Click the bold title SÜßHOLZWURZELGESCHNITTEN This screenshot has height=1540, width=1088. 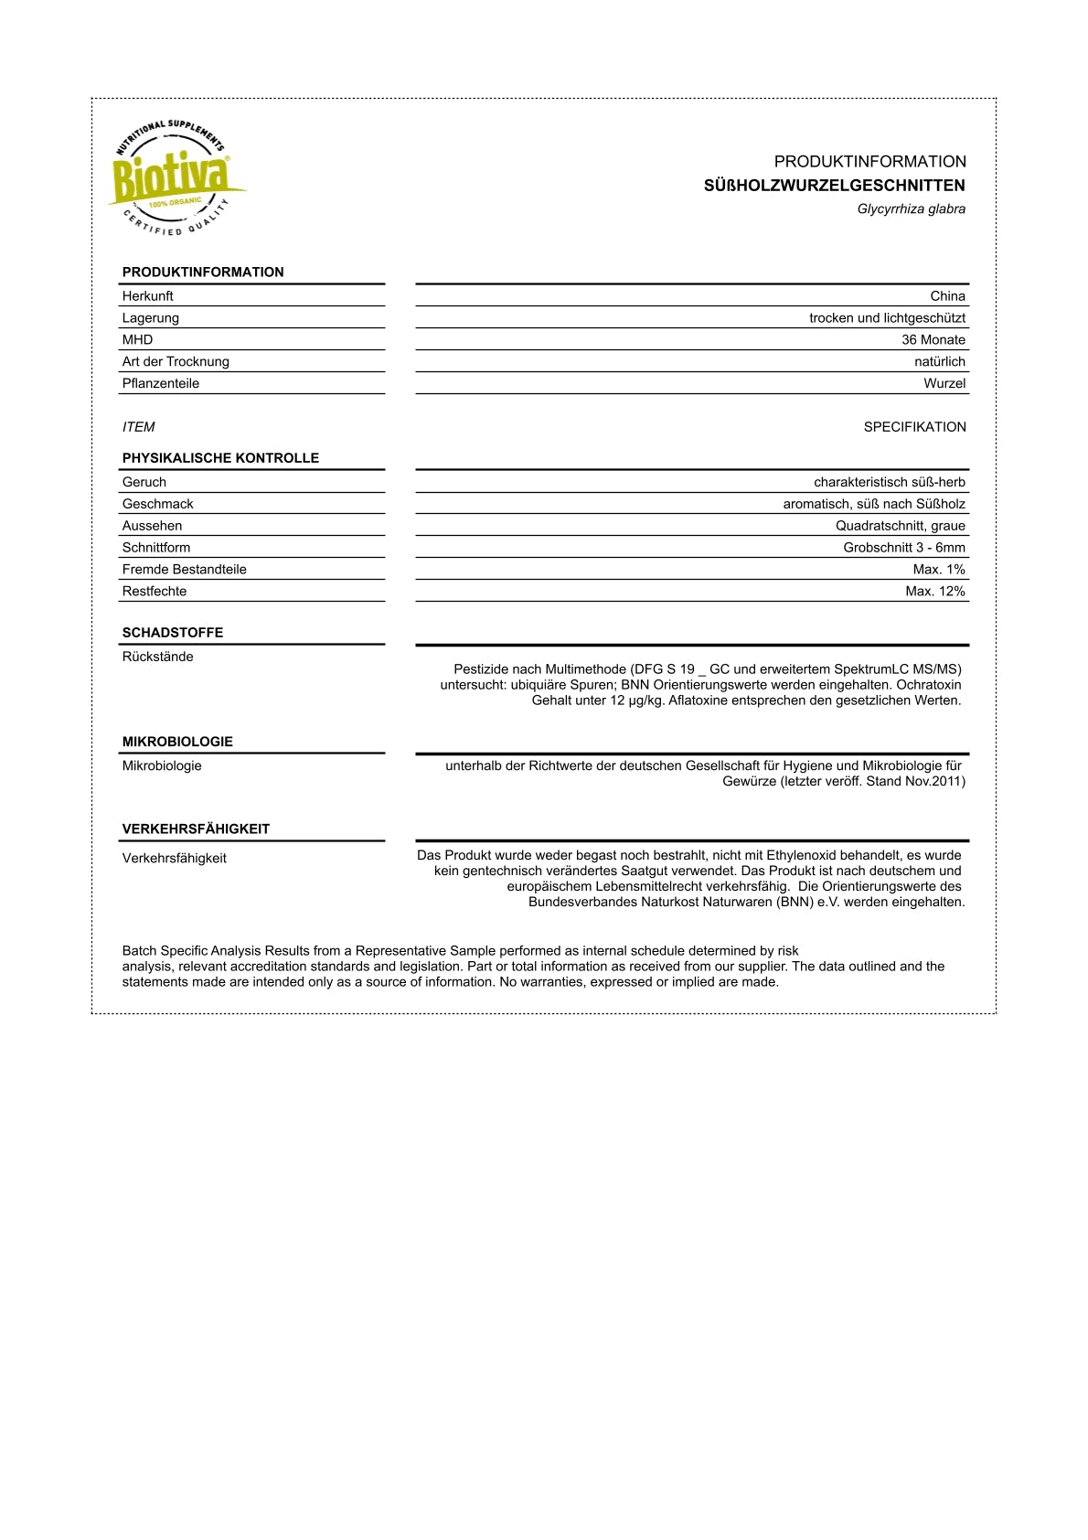tap(834, 186)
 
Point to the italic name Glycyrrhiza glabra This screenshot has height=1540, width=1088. tap(911, 209)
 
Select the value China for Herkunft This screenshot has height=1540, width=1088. tap(947, 296)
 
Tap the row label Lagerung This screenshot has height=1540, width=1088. tap(151, 318)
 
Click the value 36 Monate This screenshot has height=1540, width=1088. tap(933, 340)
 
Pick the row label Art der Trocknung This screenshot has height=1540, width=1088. tap(176, 362)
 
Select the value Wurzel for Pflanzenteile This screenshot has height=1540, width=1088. tap(944, 384)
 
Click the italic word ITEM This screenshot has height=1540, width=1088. tap(139, 427)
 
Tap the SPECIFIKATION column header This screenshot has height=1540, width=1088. tap(914, 427)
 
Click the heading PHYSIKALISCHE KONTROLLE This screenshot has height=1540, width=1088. tap(220, 458)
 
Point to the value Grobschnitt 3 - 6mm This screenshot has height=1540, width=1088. tap(903, 548)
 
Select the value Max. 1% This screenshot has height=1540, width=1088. tap(938, 570)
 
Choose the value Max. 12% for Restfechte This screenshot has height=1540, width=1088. tap(934, 592)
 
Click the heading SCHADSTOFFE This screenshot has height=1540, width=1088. tap(173, 633)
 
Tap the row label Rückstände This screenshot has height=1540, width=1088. tap(158, 657)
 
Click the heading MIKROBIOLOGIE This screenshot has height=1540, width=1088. tap(177, 742)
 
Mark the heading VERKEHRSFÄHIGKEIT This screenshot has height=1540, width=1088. tap(196, 829)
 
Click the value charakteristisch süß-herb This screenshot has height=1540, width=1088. tap(889, 483)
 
